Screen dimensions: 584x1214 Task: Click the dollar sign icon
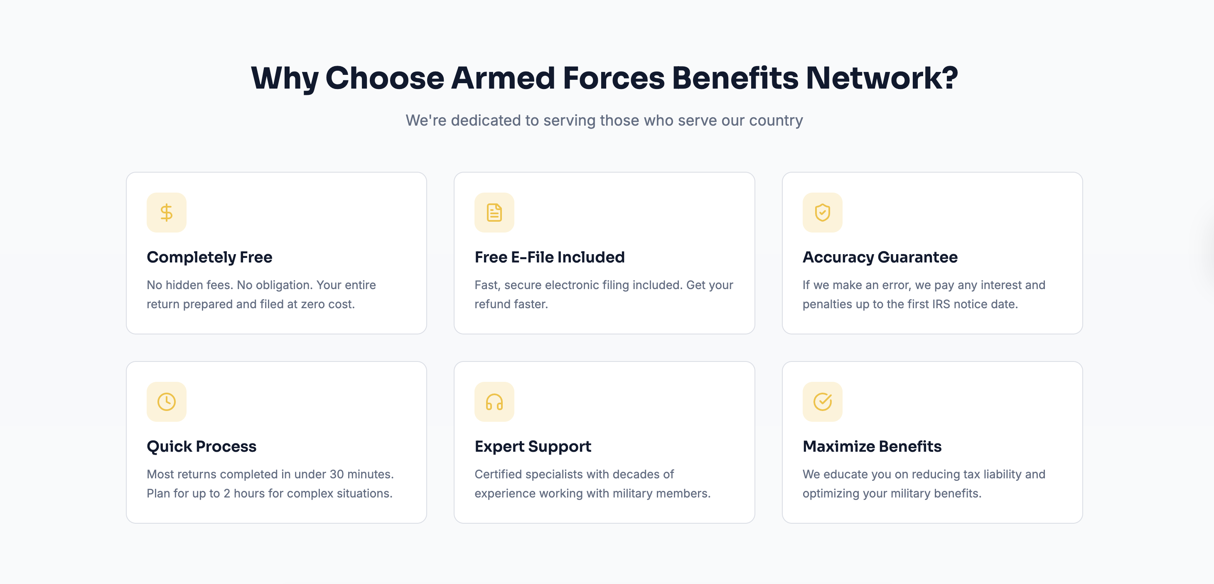[166, 213]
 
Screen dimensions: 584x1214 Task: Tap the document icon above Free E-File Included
[494, 213]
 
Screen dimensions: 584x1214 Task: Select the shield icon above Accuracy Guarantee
[822, 213]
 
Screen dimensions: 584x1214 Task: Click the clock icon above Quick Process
[166, 402]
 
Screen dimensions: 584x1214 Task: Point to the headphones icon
[494, 402]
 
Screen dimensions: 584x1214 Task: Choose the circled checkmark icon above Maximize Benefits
[822, 402]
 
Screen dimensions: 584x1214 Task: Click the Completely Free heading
[209, 257]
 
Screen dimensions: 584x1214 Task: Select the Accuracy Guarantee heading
[880, 257]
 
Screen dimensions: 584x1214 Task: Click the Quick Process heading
[201, 446]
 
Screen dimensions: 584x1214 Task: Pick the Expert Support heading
[533, 446]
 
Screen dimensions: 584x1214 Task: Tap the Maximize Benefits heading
[872, 446]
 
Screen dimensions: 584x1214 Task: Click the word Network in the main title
[882, 78]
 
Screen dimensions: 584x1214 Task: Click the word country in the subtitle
[776, 121]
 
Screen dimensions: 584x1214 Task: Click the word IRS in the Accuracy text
[941, 304]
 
